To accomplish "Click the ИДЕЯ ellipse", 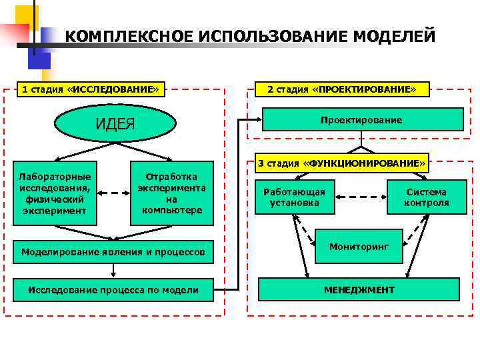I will coord(115,124).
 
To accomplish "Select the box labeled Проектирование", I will coord(361,120).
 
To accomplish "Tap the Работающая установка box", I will coord(295,197).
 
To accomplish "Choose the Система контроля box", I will coord(426,197).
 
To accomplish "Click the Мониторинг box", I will coord(359,246).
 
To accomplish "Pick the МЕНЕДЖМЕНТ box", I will coord(359,290).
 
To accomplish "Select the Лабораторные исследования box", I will coord(55,193).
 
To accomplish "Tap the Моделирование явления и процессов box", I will coord(114,251).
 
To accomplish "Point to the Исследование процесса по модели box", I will coord(113,289).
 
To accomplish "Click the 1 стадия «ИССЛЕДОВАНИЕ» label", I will coord(91,89).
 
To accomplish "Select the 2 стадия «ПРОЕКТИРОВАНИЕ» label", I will coord(341,89).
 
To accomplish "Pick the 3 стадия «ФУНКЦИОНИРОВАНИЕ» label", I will coord(341,163).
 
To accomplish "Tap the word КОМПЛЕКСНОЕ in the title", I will coord(127,35).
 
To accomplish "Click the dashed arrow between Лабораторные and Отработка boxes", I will coord(113,193).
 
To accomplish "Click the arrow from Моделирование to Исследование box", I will coord(114,270).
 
